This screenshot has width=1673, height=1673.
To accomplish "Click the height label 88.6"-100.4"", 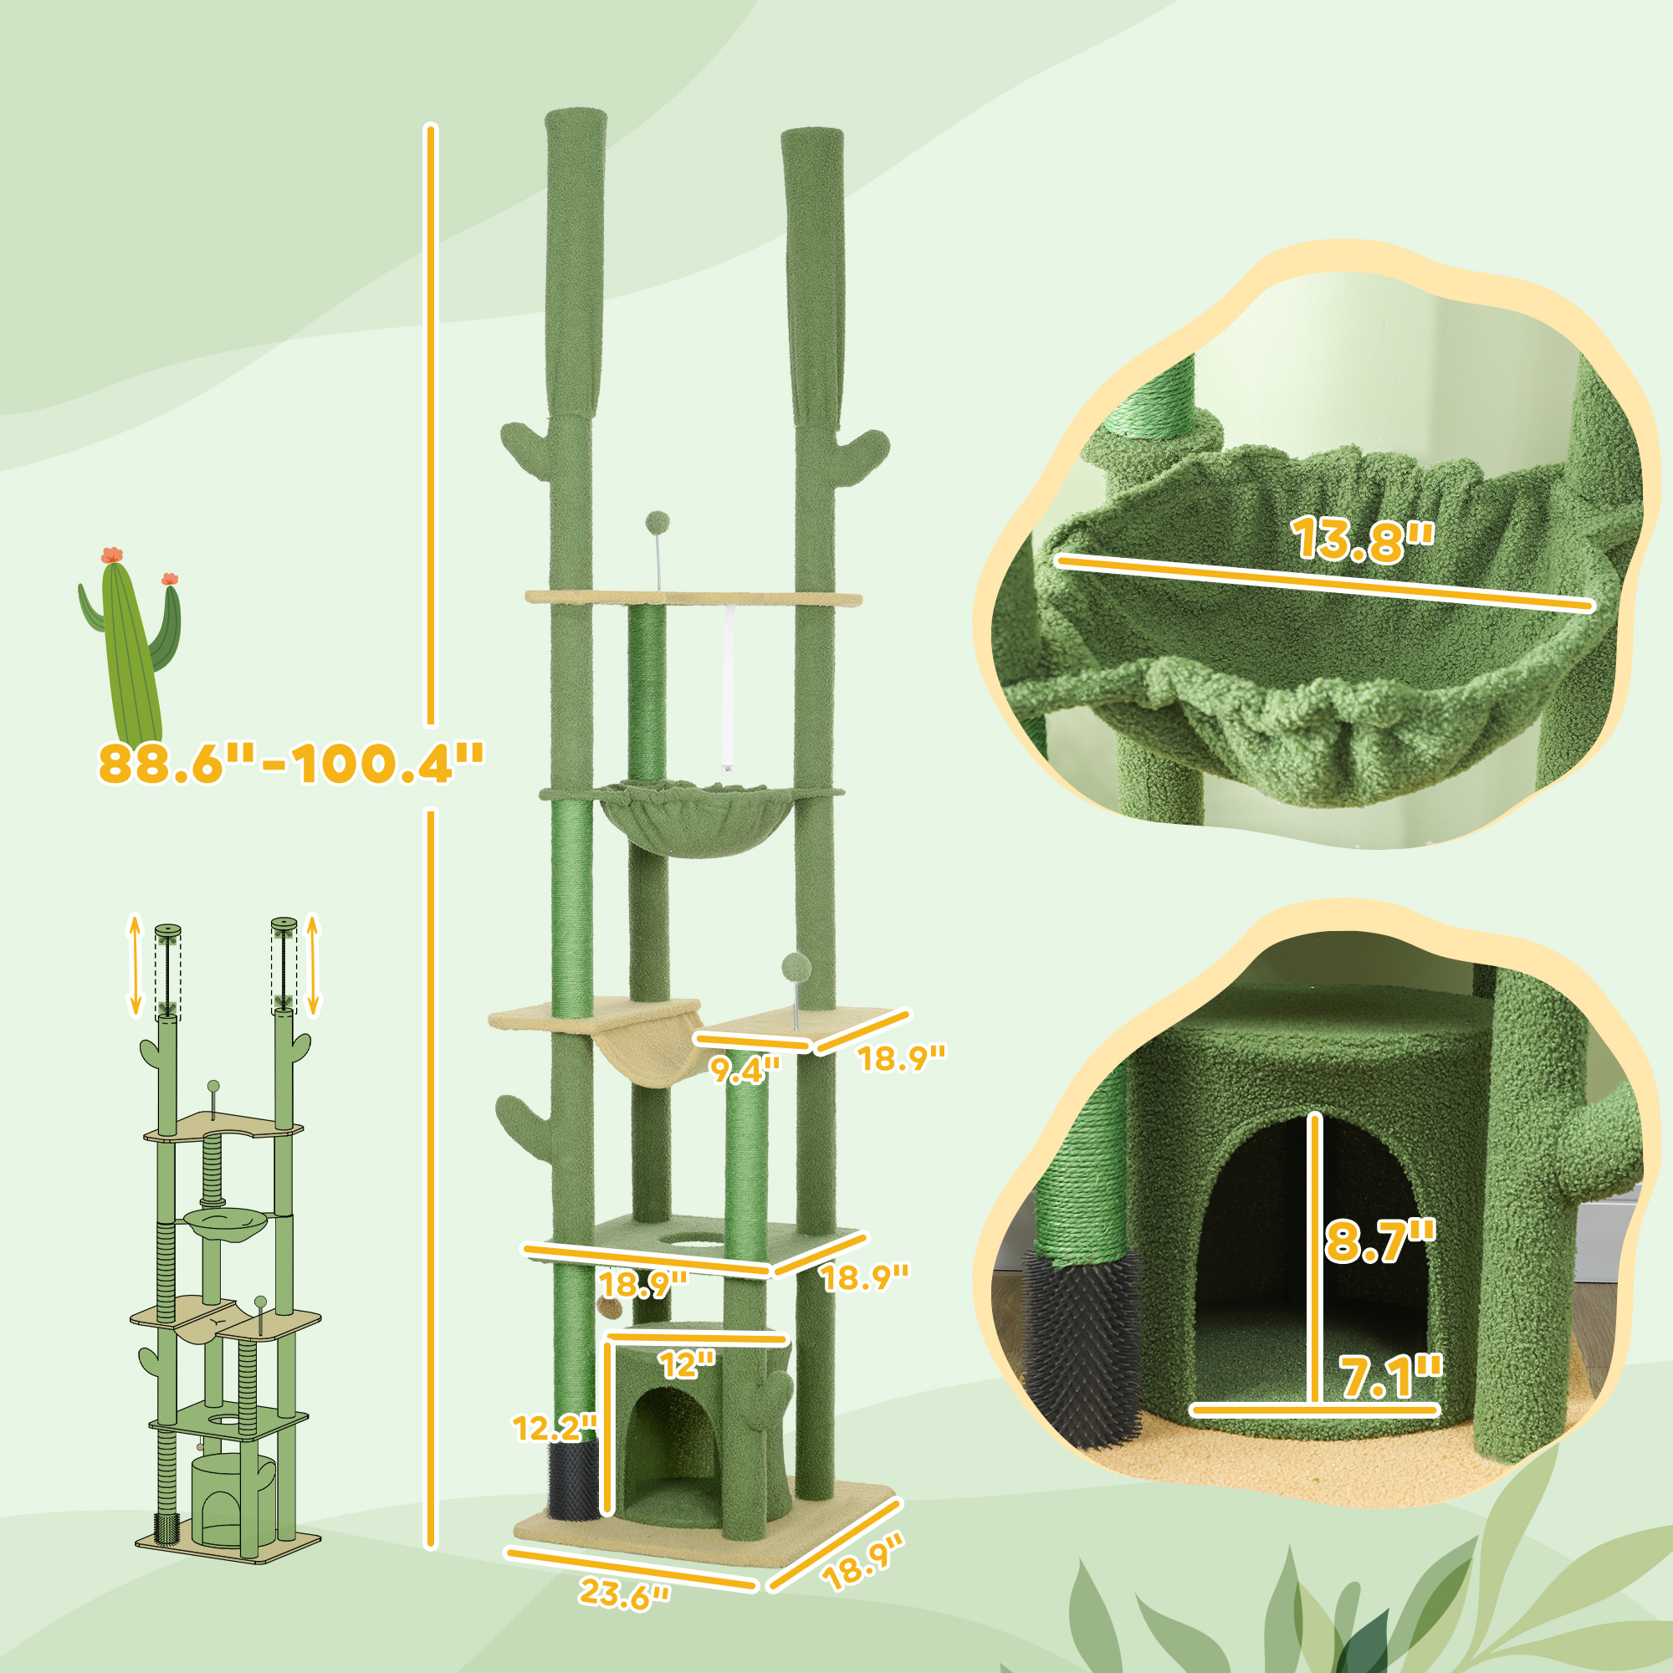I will pyautogui.click(x=291, y=764).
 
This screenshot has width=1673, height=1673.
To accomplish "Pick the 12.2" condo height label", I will pyautogui.click(x=555, y=1427).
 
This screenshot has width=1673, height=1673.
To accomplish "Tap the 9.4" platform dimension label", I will pyautogui.click(x=745, y=1068).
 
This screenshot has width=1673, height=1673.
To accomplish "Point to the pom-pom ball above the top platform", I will pyautogui.click(x=657, y=522).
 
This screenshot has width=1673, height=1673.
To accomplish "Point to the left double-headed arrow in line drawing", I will pyautogui.click(x=135, y=963).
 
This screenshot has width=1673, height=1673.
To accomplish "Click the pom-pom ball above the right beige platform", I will pyautogui.click(x=796, y=965).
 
